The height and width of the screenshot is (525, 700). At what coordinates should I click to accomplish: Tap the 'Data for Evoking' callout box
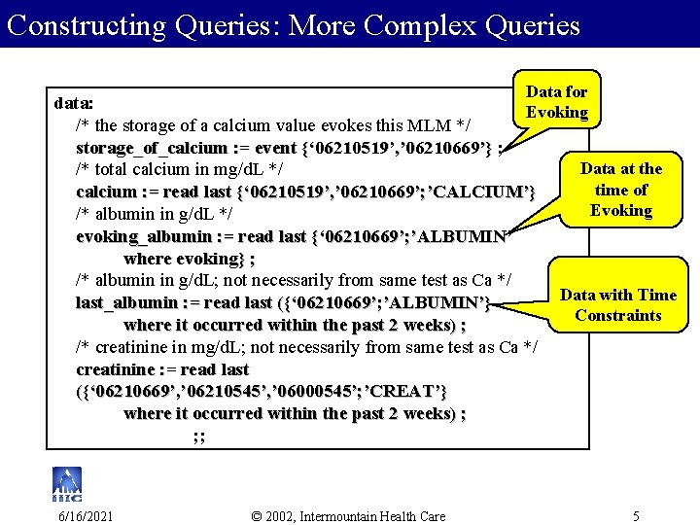pos(557,102)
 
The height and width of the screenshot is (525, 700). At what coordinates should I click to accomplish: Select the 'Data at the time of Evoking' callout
pos(621,190)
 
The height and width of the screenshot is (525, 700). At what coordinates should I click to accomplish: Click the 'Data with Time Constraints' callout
pos(618,304)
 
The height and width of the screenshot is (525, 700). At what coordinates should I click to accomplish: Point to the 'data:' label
pos(74,102)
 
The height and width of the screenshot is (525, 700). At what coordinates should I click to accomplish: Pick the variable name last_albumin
pos(129,302)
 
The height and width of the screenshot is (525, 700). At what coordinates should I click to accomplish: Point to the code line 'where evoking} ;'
pos(190,259)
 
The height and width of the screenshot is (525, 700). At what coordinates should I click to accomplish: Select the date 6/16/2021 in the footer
pos(85,515)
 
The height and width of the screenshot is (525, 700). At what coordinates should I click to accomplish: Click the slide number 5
pos(636,515)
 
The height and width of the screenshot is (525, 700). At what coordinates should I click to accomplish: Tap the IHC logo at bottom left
pos(67,483)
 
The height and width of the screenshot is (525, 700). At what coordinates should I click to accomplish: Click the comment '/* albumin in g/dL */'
pos(153,214)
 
